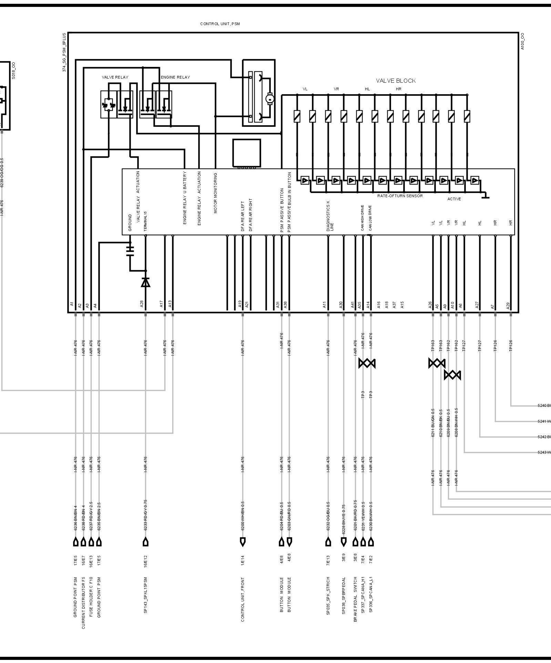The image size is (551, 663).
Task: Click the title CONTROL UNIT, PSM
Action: (220, 24)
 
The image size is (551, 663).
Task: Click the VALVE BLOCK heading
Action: (396, 81)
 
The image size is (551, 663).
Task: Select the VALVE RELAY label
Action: (115, 77)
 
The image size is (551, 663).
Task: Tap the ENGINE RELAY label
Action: (175, 77)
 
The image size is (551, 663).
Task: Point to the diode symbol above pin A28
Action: (145, 282)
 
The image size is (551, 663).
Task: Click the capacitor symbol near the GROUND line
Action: (130, 251)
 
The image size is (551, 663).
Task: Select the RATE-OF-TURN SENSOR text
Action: (400, 196)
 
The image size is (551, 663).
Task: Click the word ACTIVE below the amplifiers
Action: (454, 199)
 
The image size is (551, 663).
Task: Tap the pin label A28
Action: (142, 304)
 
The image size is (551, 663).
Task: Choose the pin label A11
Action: (324, 304)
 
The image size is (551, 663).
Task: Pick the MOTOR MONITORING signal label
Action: (215, 193)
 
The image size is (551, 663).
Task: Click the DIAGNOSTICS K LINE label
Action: (330, 218)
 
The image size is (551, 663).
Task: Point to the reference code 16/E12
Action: (145, 562)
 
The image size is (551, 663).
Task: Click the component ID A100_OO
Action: (522, 41)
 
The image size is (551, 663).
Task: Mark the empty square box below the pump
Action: (246, 153)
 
